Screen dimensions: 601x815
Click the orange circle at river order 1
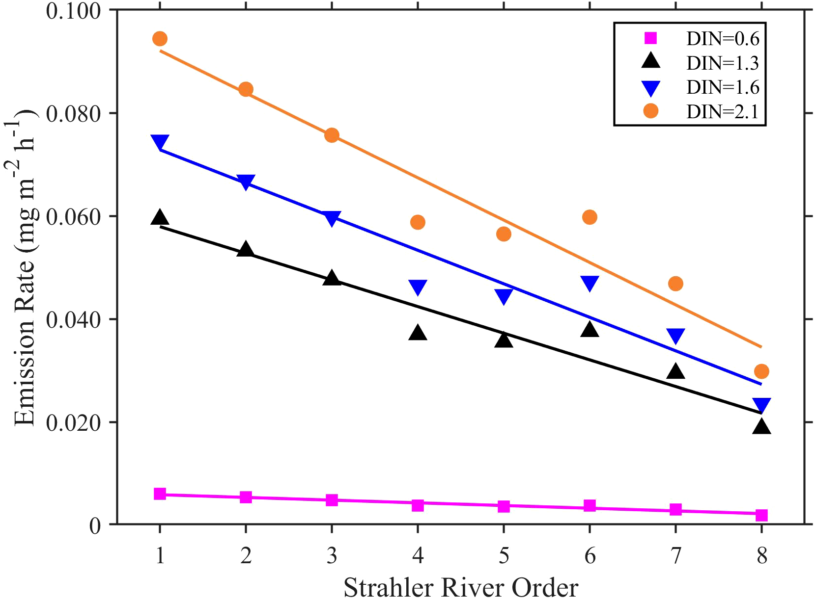(x=160, y=39)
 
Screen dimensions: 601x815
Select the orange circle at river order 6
(x=590, y=217)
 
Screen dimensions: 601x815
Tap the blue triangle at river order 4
(x=418, y=287)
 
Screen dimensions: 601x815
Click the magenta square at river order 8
(x=761, y=515)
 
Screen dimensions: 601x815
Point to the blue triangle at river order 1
(x=160, y=142)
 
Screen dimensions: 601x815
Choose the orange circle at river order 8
(x=761, y=371)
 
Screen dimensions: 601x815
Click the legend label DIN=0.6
(x=723, y=39)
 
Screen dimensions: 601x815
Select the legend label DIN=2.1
(x=723, y=112)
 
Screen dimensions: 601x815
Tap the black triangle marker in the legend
(x=651, y=62)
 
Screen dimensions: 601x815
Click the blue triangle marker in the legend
(x=651, y=88)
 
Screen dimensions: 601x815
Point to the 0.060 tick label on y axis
(x=73, y=216)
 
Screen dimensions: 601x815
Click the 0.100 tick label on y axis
(x=73, y=10)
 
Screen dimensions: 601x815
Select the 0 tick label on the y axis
(x=95, y=525)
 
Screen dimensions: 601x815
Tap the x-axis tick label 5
(x=504, y=556)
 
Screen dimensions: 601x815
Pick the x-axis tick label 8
(x=761, y=556)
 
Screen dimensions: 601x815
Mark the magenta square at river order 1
(x=160, y=494)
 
